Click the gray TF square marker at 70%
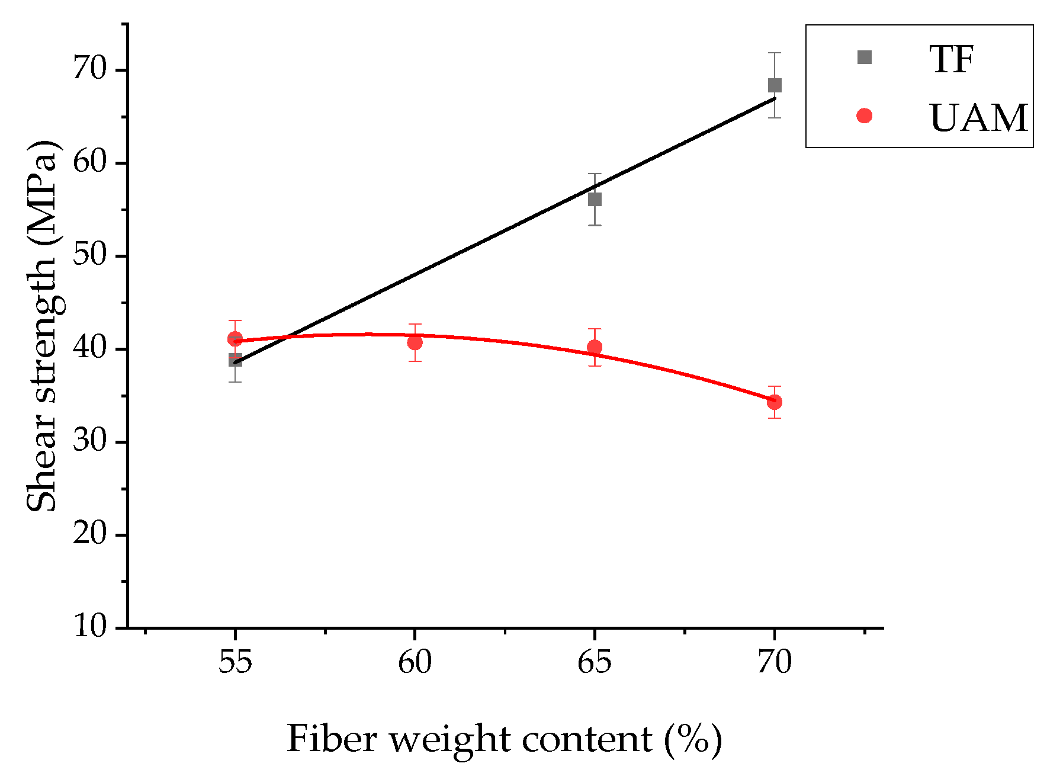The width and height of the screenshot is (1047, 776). pyautogui.click(x=774, y=85)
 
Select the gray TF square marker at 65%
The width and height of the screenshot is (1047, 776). pyautogui.click(x=595, y=199)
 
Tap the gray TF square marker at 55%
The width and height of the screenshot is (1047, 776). pyautogui.click(x=235, y=360)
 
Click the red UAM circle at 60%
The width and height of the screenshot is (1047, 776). pyautogui.click(x=415, y=342)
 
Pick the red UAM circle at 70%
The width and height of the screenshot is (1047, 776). pyautogui.click(x=774, y=402)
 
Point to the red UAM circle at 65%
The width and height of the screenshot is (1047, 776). pyautogui.click(x=595, y=347)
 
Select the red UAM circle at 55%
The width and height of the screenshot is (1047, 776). pyautogui.click(x=235, y=339)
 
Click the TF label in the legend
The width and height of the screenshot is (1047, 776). pyautogui.click(x=951, y=59)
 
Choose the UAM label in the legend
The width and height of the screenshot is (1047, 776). pyautogui.click(x=978, y=117)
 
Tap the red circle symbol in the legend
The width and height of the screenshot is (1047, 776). pyautogui.click(x=864, y=116)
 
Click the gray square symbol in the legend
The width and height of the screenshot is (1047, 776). pyautogui.click(x=864, y=57)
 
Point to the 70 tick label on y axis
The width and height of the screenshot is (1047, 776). pyautogui.click(x=89, y=69)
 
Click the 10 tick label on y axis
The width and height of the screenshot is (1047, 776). pyautogui.click(x=89, y=626)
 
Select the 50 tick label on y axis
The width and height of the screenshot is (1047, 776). pyautogui.click(x=89, y=255)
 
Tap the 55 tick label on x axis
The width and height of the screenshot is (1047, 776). pyautogui.click(x=235, y=662)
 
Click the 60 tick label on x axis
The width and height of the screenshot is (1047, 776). pyautogui.click(x=415, y=662)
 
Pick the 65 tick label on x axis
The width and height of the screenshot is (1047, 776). pyautogui.click(x=594, y=662)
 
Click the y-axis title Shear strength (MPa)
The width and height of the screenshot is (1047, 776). pyautogui.click(x=42, y=326)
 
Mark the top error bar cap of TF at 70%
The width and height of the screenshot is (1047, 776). pyautogui.click(x=774, y=53)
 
